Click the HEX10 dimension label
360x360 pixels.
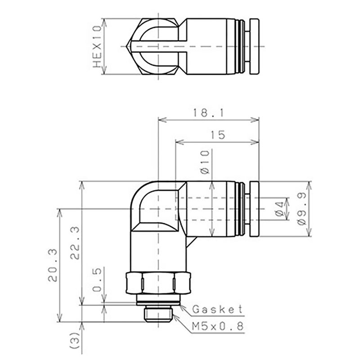97,47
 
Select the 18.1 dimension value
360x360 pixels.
208,113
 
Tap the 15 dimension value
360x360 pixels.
218,135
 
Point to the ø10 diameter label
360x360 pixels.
205,162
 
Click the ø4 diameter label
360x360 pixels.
279,209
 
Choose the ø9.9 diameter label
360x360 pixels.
301,209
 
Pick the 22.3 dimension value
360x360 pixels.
75,243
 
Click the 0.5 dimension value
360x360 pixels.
97,279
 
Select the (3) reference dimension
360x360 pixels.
75,340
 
